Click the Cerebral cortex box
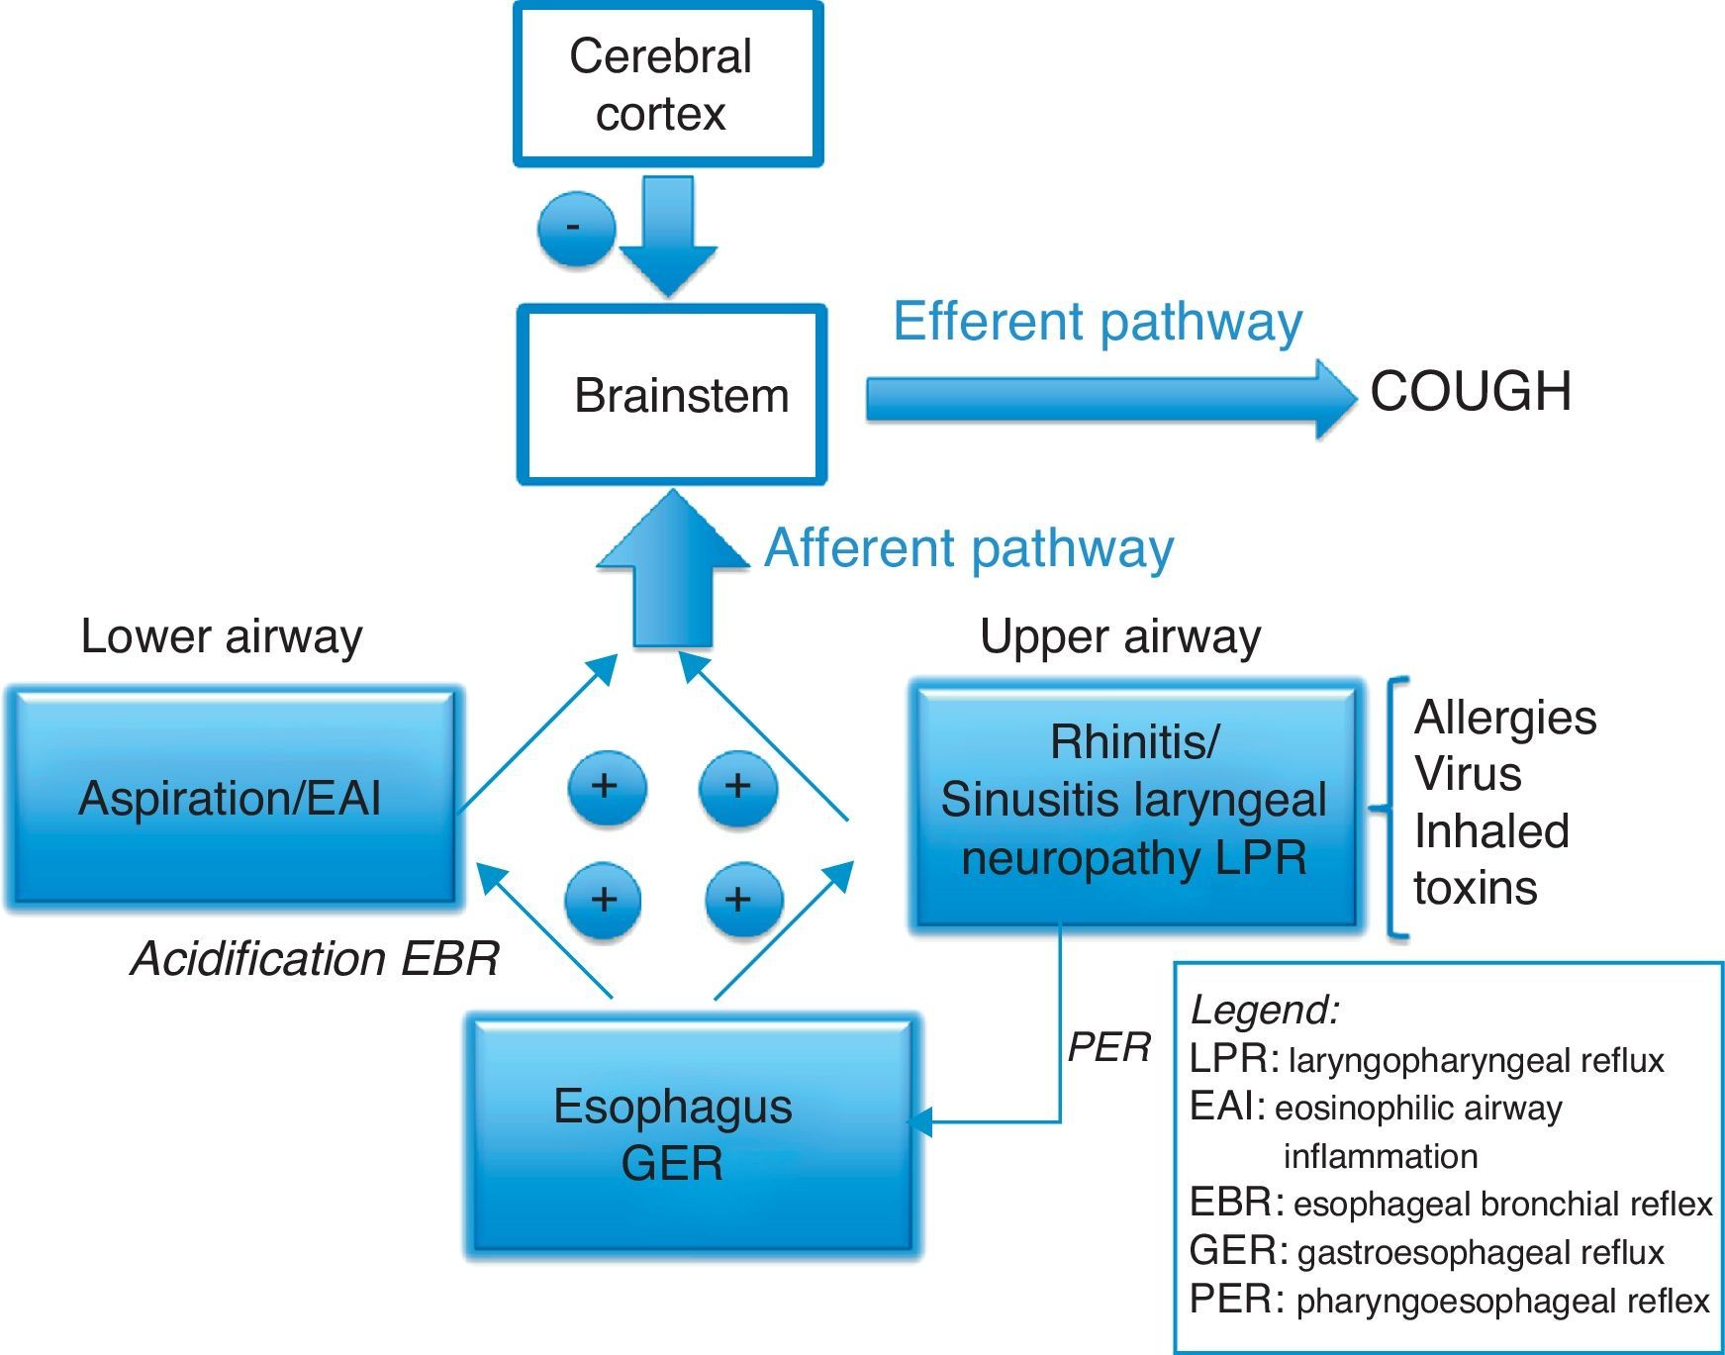coord(668,84)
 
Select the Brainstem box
coord(672,395)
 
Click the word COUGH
coord(1471,392)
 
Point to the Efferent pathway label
coord(1097,323)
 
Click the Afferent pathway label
coord(969,548)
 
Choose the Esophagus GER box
coord(692,1135)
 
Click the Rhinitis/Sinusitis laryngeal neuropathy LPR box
coord(1134,803)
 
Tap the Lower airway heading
coord(222,636)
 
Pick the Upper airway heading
coord(1120,636)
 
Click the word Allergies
coord(1504,718)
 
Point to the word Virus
coord(1468,774)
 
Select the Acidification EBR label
coord(315,958)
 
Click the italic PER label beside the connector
coord(1108,1047)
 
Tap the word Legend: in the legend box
coord(1265,1010)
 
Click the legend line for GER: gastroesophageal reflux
coord(1426,1252)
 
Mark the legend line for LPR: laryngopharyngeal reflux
coord(1426,1060)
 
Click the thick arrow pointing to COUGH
coord(1108,399)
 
